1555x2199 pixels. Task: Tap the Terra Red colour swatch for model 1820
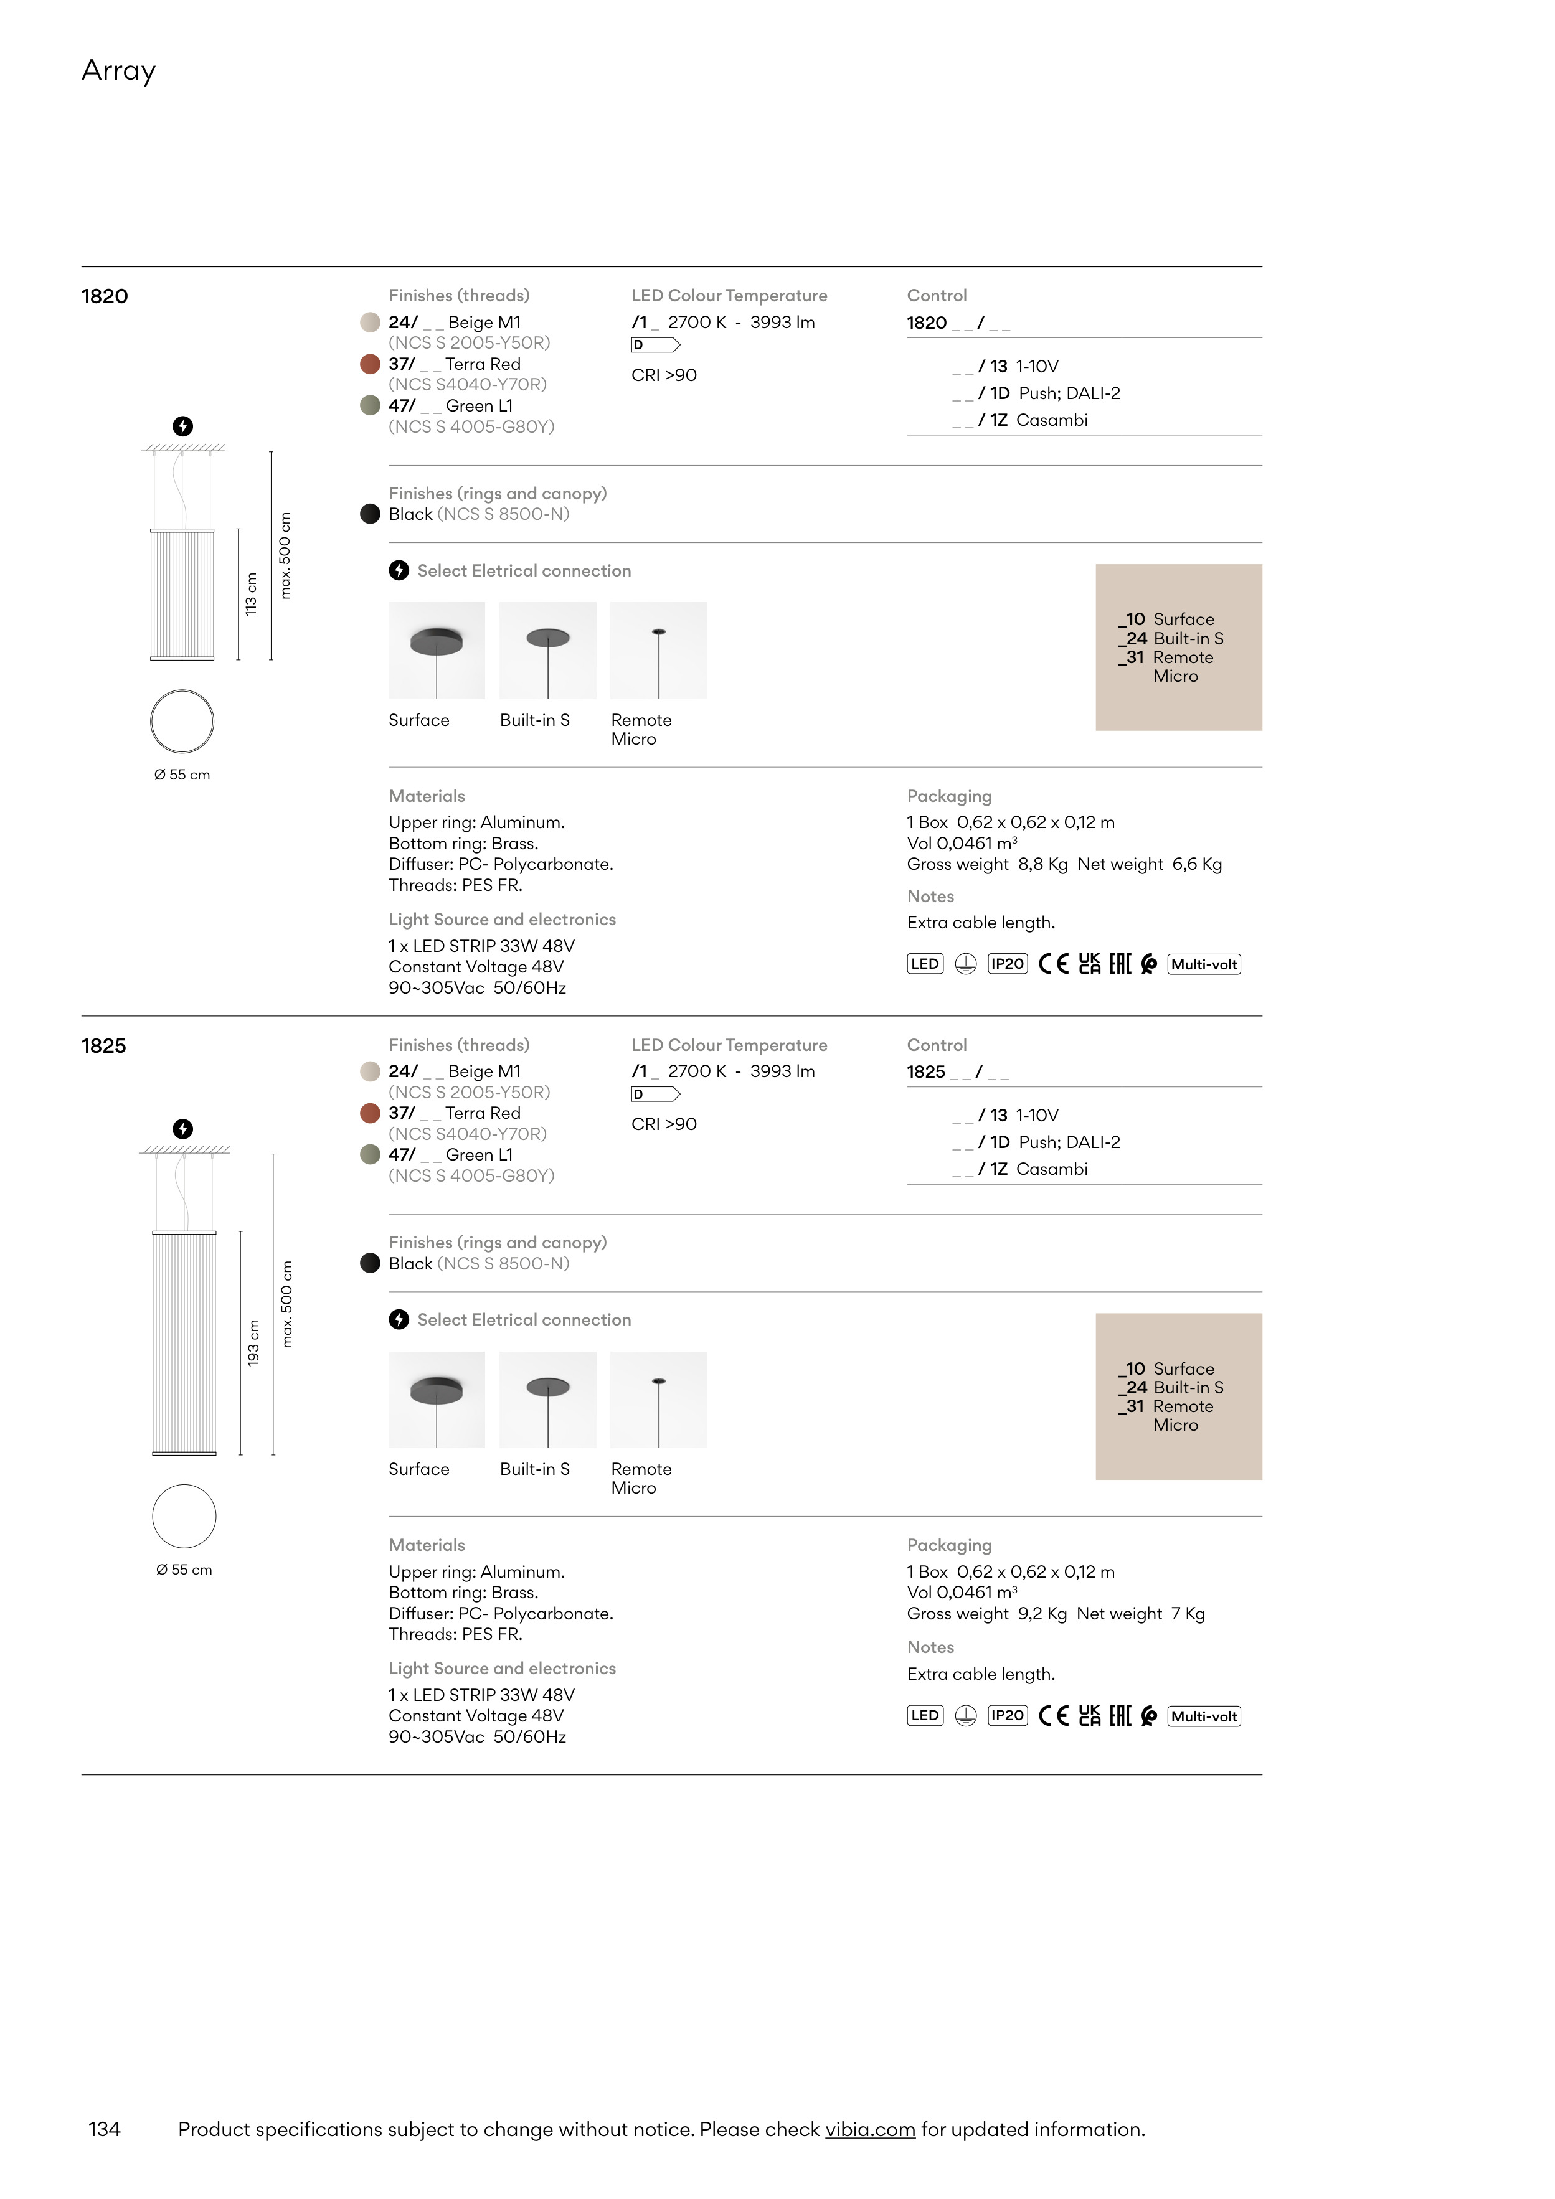pyautogui.click(x=370, y=364)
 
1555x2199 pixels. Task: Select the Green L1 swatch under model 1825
pyautogui.click(x=370, y=1155)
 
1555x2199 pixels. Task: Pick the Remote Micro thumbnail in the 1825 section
pyautogui.click(x=658, y=1399)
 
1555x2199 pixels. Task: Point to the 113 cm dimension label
pyautogui.click(x=251, y=594)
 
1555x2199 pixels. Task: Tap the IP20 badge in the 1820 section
pyautogui.click(x=1007, y=964)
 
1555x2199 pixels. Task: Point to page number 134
pyautogui.click(x=105, y=2129)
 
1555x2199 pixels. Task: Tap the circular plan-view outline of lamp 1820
pyautogui.click(x=182, y=721)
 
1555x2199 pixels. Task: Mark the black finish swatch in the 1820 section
pyautogui.click(x=370, y=514)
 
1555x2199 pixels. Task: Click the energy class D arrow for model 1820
pyautogui.click(x=655, y=345)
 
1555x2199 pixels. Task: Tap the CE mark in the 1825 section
pyautogui.click(x=1053, y=1715)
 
